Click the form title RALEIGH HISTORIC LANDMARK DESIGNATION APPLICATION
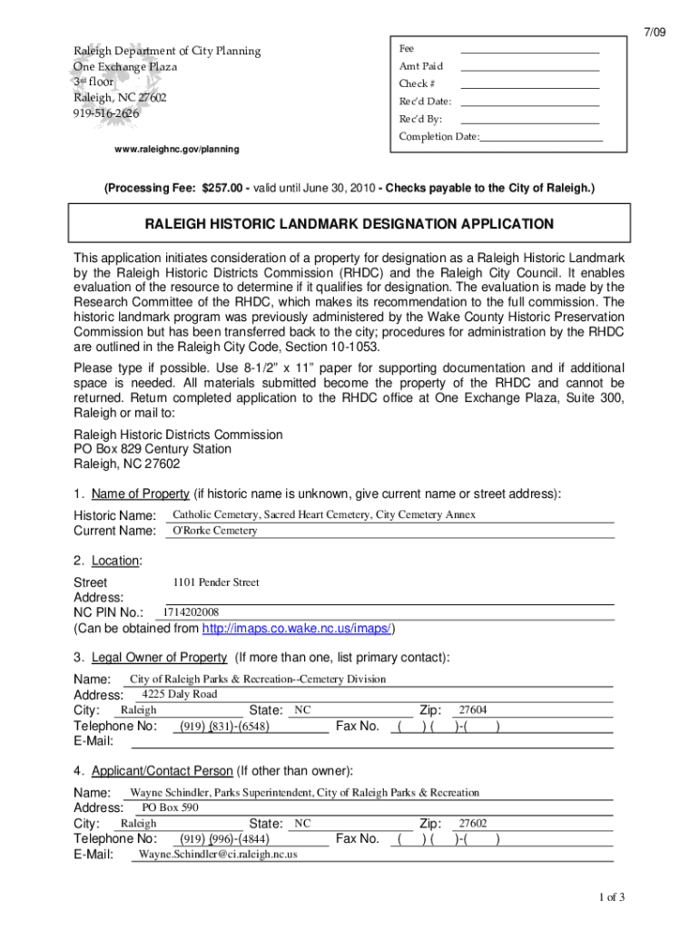point(349,224)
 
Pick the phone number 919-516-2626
point(107,113)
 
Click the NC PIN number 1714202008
point(191,612)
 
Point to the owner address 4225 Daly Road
point(180,694)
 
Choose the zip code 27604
point(473,710)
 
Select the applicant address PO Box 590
point(170,807)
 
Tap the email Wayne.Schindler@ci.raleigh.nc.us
point(217,855)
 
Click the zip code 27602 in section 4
point(473,824)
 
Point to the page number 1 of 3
point(611,897)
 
